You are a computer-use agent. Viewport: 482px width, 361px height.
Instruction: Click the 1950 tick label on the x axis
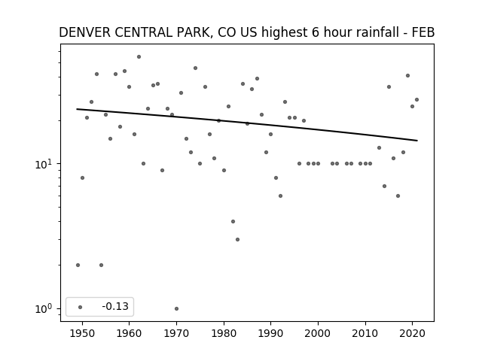(82, 333)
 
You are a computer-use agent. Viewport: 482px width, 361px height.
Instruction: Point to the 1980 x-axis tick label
(224, 333)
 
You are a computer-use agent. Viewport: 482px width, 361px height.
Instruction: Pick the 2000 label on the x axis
(318, 333)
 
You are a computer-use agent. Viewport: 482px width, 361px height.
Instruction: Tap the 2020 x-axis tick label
(413, 333)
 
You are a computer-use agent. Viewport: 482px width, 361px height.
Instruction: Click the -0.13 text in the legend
(115, 306)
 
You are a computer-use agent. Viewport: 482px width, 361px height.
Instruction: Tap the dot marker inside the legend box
(81, 307)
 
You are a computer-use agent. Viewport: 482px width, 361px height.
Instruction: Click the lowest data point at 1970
(176, 308)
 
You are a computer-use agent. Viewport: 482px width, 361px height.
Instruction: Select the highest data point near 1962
(139, 57)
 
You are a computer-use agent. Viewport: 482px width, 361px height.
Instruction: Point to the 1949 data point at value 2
(78, 265)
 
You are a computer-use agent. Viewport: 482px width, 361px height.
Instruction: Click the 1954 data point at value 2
(101, 265)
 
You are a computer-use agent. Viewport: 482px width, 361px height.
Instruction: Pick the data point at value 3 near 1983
(238, 239)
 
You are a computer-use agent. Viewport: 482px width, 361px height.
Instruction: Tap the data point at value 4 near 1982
(233, 221)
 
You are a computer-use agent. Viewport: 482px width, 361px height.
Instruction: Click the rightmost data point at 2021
(416, 99)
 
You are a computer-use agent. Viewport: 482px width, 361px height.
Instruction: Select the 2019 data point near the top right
(407, 75)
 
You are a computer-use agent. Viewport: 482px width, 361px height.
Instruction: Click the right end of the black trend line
(417, 141)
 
